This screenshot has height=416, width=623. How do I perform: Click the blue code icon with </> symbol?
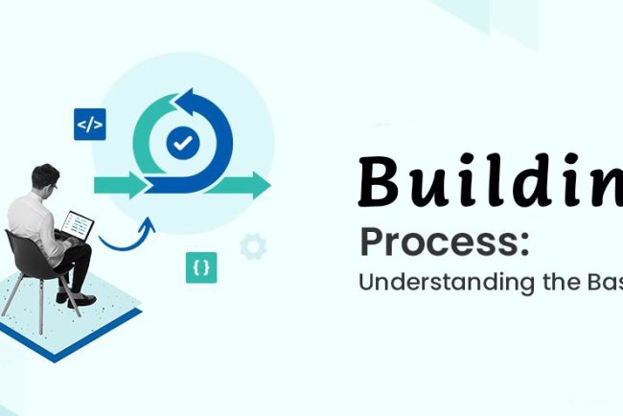pos(89,125)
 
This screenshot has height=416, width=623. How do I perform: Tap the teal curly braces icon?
pos(201,268)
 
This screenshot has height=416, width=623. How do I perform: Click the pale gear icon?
pos(252,247)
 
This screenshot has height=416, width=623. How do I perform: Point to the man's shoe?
pos(83,300)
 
